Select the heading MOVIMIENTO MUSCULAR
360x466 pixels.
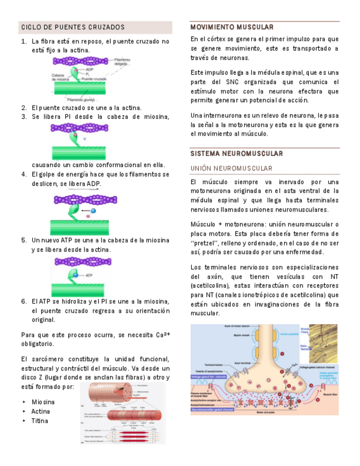pos(231,27)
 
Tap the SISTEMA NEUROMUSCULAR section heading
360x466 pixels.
pos(236,153)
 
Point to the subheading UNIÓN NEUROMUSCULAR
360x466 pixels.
pos(231,168)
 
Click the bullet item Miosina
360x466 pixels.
pos(43,402)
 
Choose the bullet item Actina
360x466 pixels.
pos(41,411)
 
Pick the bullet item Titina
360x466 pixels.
pos(40,421)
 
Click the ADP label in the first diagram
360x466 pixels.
pos(90,70)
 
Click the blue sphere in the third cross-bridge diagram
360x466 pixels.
pos(93,210)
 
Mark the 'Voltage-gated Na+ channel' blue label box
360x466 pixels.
pos(212,377)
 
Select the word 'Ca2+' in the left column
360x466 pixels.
pos(162,335)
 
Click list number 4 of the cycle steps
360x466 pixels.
pos(24,175)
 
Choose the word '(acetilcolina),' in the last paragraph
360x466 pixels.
pos(210,286)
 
